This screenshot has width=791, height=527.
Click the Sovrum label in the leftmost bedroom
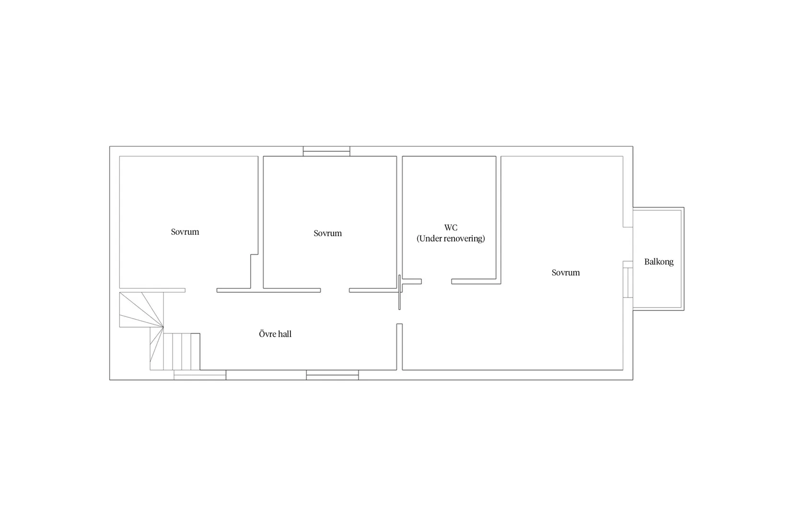185,232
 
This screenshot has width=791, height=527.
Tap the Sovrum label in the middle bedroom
328,233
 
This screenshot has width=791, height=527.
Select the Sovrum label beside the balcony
566,273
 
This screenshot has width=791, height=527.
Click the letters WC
451,227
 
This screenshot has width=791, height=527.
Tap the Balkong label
659,262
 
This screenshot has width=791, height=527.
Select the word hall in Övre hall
284,334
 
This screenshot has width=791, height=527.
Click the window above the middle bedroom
326,151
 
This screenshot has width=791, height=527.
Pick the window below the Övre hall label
332,375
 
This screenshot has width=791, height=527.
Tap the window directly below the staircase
200,375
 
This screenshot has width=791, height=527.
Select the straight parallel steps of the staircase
182,352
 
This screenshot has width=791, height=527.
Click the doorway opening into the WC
436,282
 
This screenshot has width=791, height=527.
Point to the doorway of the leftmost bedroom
201,290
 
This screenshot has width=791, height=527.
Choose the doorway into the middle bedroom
335,290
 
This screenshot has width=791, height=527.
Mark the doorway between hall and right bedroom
399,317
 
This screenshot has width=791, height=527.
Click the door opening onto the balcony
628,244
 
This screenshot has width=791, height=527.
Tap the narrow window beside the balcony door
628,282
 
